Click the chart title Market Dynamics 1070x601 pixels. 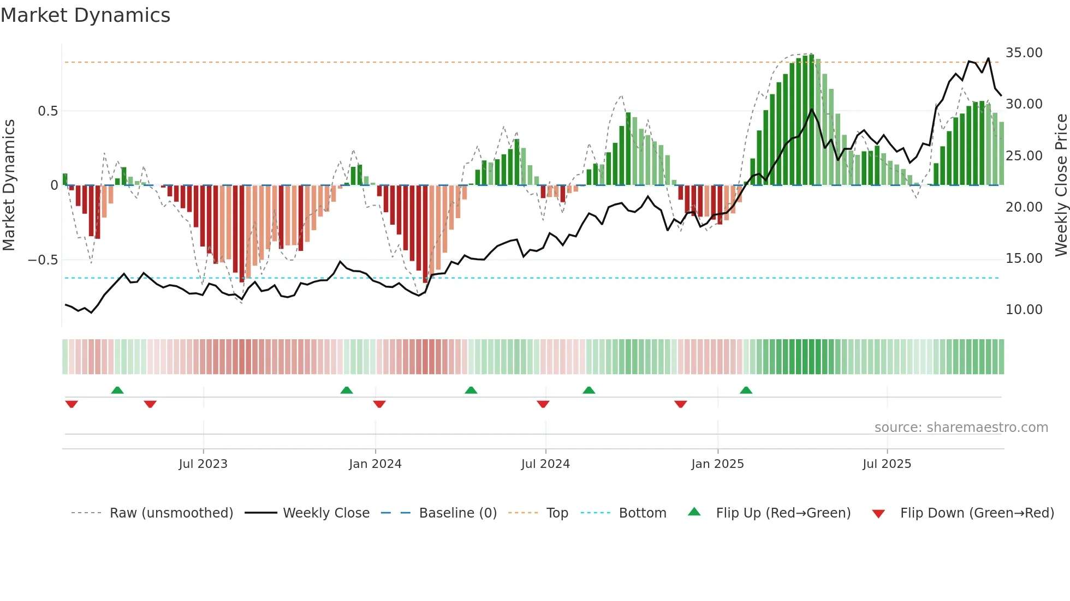[x=85, y=15]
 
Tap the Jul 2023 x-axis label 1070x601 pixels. [x=203, y=464]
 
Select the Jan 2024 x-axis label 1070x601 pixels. [x=375, y=464]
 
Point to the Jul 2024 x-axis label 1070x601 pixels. [x=545, y=464]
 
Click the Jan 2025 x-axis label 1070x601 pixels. [x=717, y=464]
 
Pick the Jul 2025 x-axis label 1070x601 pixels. [x=887, y=464]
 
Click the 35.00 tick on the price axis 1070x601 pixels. [x=1024, y=53]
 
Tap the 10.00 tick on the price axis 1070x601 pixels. [x=1024, y=310]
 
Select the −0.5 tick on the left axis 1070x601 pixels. [x=43, y=260]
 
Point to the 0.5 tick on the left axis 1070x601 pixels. [x=47, y=111]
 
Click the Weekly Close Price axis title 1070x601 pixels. [x=1061, y=185]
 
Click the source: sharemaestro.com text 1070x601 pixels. [x=961, y=428]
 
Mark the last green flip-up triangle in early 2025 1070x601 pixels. [x=746, y=390]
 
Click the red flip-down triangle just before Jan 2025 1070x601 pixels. [x=680, y=404]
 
